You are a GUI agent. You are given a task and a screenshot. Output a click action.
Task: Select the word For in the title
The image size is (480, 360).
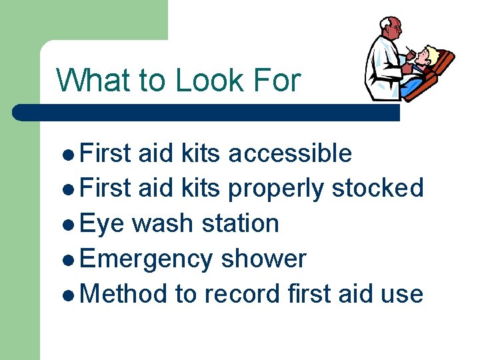[x=277, y=81]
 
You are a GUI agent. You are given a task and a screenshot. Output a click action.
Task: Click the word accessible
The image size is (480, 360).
[x=289, y=153]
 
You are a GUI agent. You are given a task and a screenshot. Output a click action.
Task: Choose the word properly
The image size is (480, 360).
[x=277, y=189]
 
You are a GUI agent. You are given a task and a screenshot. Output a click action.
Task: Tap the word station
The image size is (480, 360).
[x=243, y=223]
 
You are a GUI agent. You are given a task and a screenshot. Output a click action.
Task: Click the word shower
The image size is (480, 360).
[x=263, y=259]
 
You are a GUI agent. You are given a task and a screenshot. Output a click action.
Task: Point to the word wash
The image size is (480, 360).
[x=167, y=223]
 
